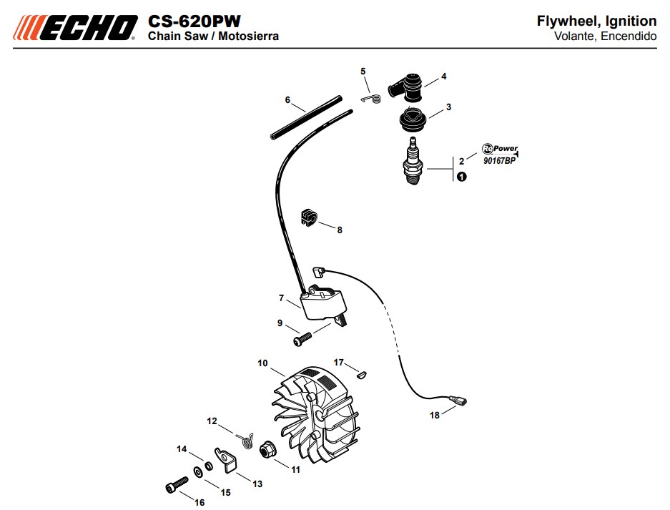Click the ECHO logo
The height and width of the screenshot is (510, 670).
(x=74, y=27)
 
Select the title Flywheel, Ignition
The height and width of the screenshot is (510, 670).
(x=596, y=21)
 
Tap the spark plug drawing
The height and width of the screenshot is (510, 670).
(x=413, y=162)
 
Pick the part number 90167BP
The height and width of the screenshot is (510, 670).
(x=498, y=162)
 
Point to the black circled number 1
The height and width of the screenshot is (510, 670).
(x=462, y=177)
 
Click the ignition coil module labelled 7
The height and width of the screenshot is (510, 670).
(x=324, y=304)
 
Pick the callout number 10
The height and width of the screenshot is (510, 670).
(x=262, y=363)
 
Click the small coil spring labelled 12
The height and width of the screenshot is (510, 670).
(x=247, y=437)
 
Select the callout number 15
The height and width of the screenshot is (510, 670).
(x=225, y=492)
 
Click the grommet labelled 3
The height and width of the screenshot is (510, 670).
(x=413, y=119)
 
